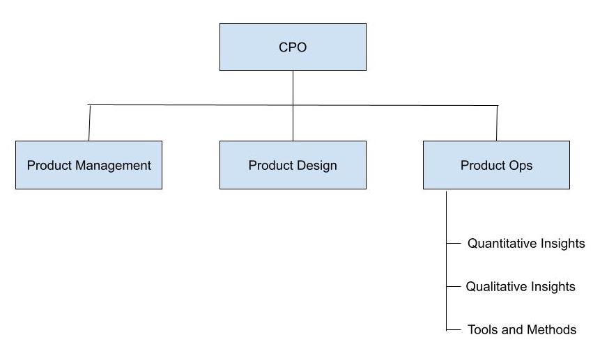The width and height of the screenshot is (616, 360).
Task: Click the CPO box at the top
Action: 293,47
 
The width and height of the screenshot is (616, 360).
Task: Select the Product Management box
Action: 88,165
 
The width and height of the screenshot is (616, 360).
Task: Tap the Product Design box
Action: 293,165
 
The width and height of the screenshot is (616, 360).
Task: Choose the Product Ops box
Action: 496,165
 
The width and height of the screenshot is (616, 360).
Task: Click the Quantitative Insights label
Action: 526,244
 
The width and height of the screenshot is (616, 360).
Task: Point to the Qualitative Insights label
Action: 521,286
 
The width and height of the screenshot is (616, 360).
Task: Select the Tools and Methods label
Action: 522,329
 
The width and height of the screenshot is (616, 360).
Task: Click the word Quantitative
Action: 502,244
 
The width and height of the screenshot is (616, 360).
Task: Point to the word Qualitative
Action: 497,286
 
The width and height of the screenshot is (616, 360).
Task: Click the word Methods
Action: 551,329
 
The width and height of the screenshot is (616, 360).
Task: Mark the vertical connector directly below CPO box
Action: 293,87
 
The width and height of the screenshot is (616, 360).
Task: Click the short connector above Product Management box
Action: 89,123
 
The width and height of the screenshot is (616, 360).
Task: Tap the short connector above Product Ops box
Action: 497,123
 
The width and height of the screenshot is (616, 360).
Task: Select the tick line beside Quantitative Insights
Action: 453,244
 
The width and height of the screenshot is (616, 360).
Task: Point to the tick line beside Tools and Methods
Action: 453,329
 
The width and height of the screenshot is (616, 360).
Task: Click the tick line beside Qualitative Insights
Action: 453,286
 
